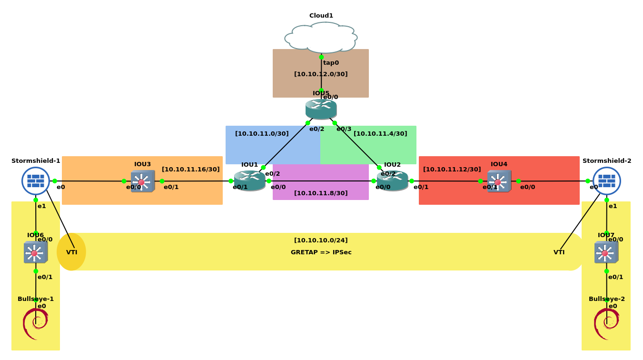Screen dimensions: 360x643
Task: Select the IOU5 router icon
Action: [x=321, y=109]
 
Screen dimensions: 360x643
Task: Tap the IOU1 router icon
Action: [x=249, y=181]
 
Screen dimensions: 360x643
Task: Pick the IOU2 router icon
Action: [x=392, y=181]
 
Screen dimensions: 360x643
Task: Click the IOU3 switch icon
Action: [x=142, y=181]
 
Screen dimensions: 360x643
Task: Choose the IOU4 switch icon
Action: [x=499, y=181]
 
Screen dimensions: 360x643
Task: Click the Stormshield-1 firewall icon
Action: [x=36, y=181]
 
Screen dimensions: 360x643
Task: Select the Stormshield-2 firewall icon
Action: [x=606, y=181]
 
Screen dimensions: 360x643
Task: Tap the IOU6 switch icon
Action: [x=36, y=252]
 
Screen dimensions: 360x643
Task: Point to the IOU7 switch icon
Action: [x=606, y=252]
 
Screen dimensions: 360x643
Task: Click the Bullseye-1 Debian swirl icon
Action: [x=36, y=324]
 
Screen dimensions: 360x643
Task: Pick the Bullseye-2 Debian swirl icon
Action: [x=606, y=324]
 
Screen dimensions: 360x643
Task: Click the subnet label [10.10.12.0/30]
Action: [x=321, y=74]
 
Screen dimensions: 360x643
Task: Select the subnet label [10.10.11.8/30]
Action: [x=321, y=193]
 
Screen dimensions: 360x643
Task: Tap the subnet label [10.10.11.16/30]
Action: [x=191, y=170]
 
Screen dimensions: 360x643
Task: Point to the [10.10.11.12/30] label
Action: [x=452, y=170]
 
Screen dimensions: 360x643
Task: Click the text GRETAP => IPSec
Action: [x=321, y=252]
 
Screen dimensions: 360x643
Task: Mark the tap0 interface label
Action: [x=331, y=63]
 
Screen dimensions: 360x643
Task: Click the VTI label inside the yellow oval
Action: [x=72, y=252]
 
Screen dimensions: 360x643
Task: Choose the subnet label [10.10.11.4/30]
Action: [x=380, y=134]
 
